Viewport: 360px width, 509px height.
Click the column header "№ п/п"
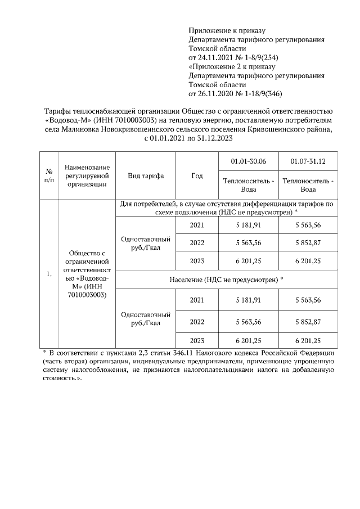(49, 175)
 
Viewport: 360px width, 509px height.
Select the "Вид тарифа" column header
(146, 175)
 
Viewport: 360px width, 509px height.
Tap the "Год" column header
(197, 175)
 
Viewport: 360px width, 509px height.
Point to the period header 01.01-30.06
(248, 162)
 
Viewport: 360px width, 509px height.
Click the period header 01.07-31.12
(308, 162)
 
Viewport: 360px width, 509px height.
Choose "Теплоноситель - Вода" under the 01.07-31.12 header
(308, 185)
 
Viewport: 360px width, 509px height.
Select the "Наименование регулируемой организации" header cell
(87, 175)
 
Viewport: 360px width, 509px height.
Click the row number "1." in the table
(49, 274)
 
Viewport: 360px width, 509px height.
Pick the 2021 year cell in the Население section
(197, 300)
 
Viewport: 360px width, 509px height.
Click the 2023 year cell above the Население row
(197, 261)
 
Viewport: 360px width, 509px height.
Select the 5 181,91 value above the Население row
(248, 224)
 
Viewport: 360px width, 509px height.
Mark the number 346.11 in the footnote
(197, 353)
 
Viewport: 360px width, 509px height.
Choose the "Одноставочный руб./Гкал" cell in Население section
(146, 319)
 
